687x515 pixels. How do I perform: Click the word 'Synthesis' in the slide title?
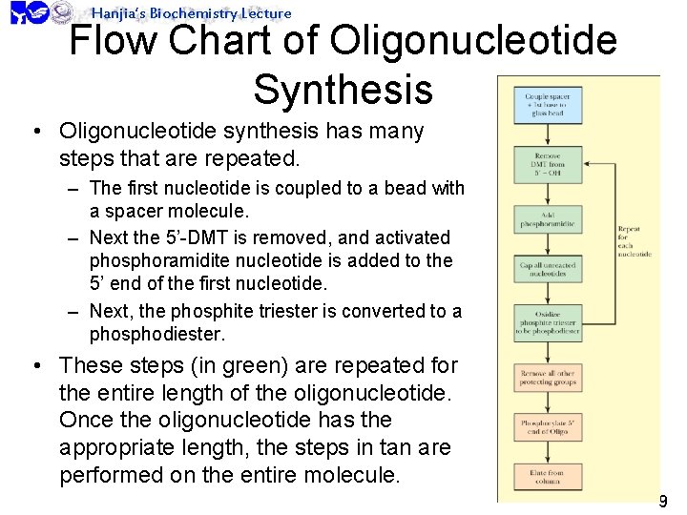coord(343,89)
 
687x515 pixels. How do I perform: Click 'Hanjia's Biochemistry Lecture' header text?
coord(191,12)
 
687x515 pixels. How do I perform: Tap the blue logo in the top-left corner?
coord(28,12)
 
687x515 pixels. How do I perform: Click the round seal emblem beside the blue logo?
coord(63,11)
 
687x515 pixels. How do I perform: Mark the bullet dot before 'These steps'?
coord(34,366)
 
